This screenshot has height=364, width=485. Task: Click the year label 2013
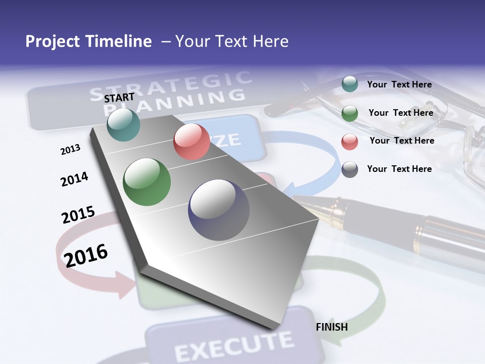click(71, 150)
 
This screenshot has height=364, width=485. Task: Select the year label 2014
click(74, 179)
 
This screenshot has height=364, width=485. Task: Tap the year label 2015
click(78, 215)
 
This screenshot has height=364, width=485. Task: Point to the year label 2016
click(86, 255)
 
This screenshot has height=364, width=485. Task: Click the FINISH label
click(332, 327)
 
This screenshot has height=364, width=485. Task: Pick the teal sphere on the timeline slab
click(124, 125)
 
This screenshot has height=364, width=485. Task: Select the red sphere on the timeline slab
click(191, 142)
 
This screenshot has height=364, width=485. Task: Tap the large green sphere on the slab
click(147, 182)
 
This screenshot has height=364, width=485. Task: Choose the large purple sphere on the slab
click(219, 209)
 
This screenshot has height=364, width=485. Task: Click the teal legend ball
click(350, 84)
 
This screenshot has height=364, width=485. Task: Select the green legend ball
click(350, 113)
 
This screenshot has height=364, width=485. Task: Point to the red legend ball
click(350, 141)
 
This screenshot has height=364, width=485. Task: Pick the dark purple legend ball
click(350, 169)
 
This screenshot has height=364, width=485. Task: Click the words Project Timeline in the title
click(88, 41)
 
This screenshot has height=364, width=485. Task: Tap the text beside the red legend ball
click(402, 141)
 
